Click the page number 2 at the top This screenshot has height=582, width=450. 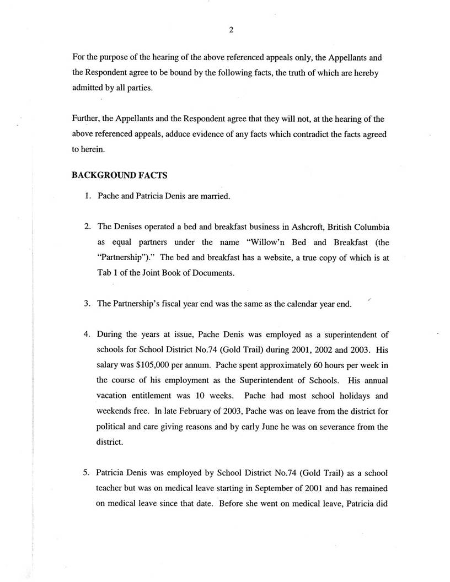click(231, 30)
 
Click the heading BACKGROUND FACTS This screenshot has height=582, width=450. click(120, 175)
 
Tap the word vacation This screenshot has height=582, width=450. click(115, 395)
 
